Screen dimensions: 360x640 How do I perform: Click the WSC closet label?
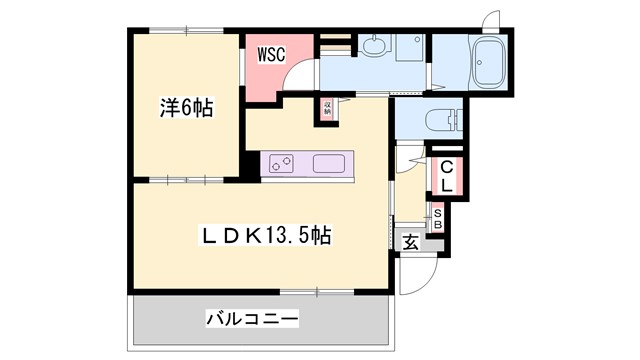point(273,53)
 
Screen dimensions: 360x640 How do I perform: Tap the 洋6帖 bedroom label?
point(185,107)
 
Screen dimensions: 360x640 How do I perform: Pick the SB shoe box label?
point(437,218)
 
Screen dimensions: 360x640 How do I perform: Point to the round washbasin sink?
point(373,44)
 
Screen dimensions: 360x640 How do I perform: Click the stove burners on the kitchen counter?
point(281,163)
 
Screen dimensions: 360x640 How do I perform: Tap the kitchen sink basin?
point(329,164)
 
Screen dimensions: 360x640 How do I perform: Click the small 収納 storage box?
point(327,108)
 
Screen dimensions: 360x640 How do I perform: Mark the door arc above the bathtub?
point(490,20)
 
